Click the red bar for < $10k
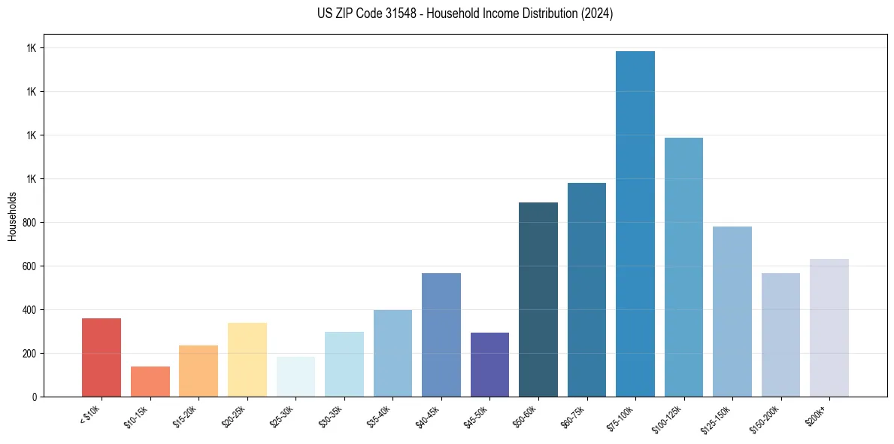(x=102, y=357)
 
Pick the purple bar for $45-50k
(x=489, y=365)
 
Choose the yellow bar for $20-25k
(x=247, y=360)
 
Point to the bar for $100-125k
(x=683, y=267)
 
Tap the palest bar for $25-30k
(x=295, y=377)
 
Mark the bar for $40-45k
(x=441, y=335)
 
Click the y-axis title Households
(x=12, y=216)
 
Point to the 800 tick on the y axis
(x=29, y=223)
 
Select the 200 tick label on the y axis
(x=29, y=354)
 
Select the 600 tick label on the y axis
(x=29, y=266)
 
